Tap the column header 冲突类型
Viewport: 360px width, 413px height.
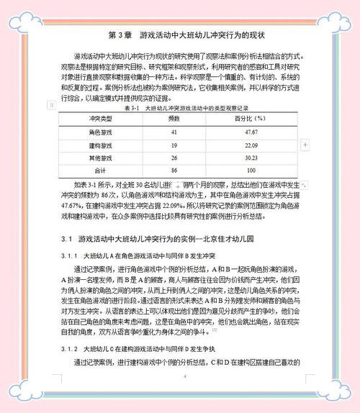click(x=100, y=118)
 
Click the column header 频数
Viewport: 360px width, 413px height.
click(x=174, y=118)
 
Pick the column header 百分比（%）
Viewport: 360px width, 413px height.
click(x=251, y=118)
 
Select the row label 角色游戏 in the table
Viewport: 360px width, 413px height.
click(x=100, y=132)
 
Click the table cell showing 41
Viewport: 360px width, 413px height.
click(x=174, y=132)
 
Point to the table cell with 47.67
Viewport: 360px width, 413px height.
click(x=251, y=132)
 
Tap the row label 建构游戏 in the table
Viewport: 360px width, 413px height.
click(x=100, y=145)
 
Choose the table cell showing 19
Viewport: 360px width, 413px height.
click(x=174, y=145)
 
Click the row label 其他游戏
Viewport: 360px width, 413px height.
click(x=100, y=158)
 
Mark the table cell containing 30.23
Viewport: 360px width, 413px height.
click(x=251, y=158)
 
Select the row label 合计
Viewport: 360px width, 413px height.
click(x=100, y=171)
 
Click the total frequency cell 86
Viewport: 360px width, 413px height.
click(x=174, y=171)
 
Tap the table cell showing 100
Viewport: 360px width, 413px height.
click(x=251, y=171)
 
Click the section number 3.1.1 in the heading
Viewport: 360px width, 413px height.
click(x=68, y=255)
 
